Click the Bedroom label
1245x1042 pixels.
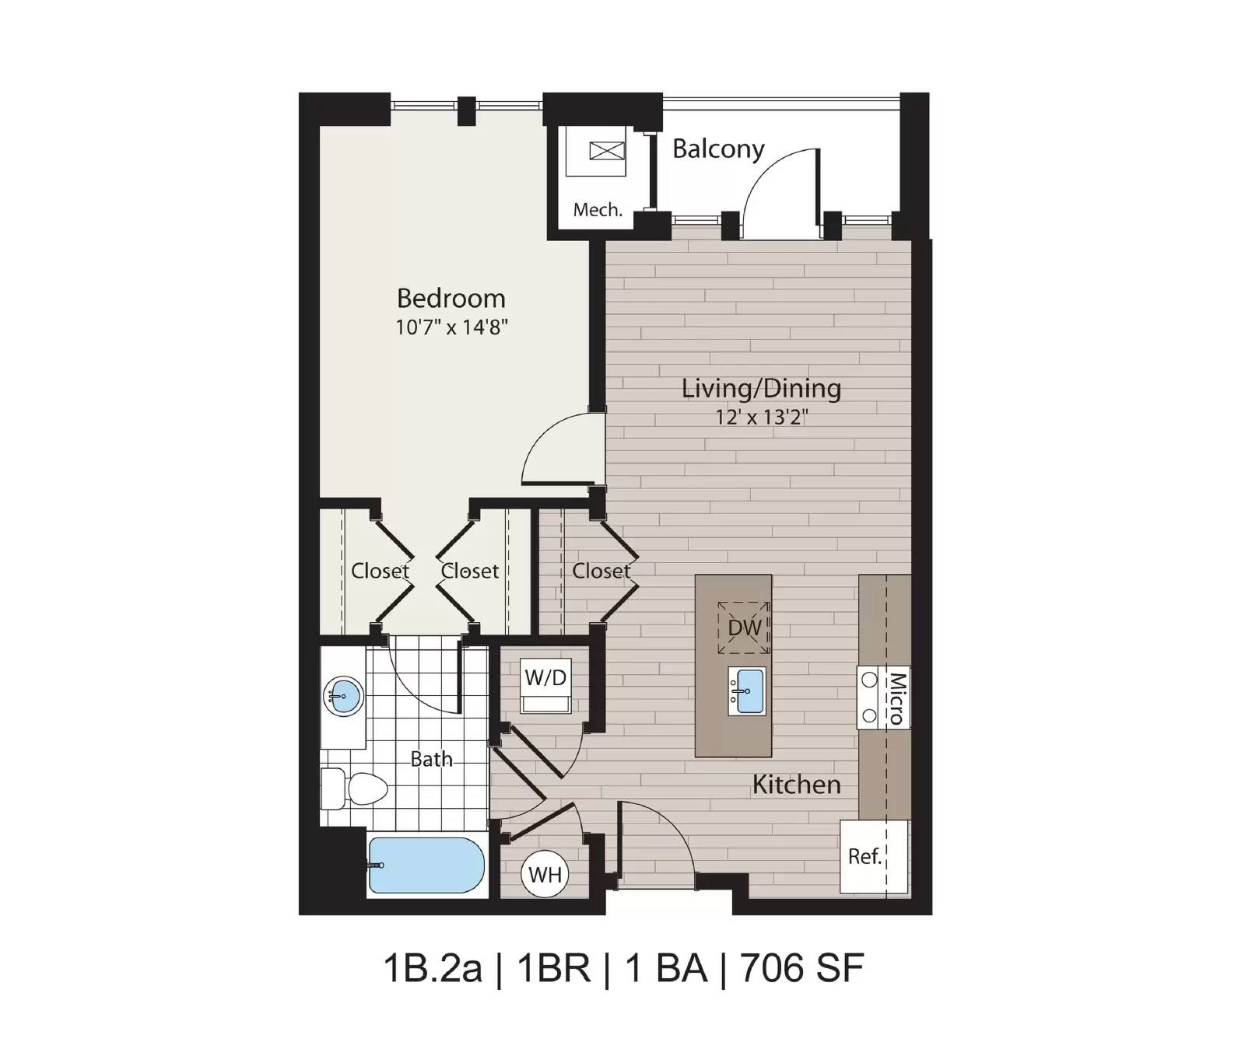(x=451, y=299)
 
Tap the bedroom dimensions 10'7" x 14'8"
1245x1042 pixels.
(x=451, y=327)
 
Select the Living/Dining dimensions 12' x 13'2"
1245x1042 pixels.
(x=763, y=418)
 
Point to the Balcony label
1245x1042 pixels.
(x=718, y=149)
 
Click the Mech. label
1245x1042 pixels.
(x=598, y=209)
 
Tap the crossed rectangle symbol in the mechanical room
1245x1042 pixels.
(x=607, y=150)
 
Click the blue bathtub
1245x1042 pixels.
(x=426, y=865)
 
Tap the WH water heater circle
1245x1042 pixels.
(x=545, y=874)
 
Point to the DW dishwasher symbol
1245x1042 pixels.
(x=744, y=628)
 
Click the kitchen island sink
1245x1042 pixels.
(x=747, y=691)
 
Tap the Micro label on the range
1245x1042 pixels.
(x=897, y=698)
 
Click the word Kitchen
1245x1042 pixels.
(x=797, y=785)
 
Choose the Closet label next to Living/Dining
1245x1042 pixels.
(x=601, y=571)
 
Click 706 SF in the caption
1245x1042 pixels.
(x=802, y=968)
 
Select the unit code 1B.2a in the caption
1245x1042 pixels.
(x=433, y=968)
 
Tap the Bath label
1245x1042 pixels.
(x=431, y=759)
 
